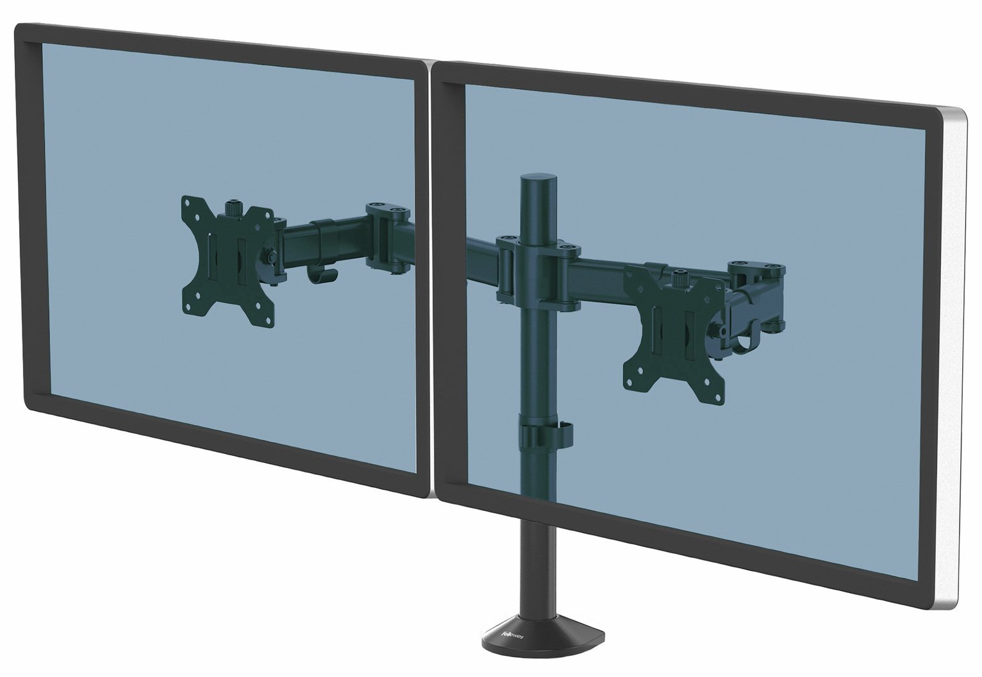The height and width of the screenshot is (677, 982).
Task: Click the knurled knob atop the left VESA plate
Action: click(x=230, y=210)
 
